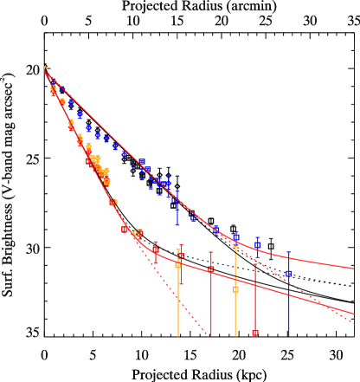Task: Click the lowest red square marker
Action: [255, 332]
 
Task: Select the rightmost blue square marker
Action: [289, 273]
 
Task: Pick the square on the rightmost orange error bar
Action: [235, 288]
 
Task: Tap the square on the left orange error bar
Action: [178, 265]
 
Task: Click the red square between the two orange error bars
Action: [211, 269]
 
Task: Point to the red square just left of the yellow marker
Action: [125, 230]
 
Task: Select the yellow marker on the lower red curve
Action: [138, 233]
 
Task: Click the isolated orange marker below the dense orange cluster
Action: [113, 203]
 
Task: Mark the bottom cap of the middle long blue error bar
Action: [177, 225]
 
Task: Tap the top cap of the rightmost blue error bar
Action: [289, 253]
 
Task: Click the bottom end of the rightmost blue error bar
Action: [289, 335]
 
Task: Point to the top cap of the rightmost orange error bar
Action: [235, 247]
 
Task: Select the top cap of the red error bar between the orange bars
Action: [211, 253]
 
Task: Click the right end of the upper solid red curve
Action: [353, 269]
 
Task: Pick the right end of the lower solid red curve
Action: [353, 313]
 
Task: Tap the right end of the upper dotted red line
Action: [354, 324]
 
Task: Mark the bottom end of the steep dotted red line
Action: [209, 335]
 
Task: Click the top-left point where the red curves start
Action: [45, 68]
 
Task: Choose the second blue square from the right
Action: [257, 245]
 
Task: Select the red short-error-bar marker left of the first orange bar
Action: [156, 250]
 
